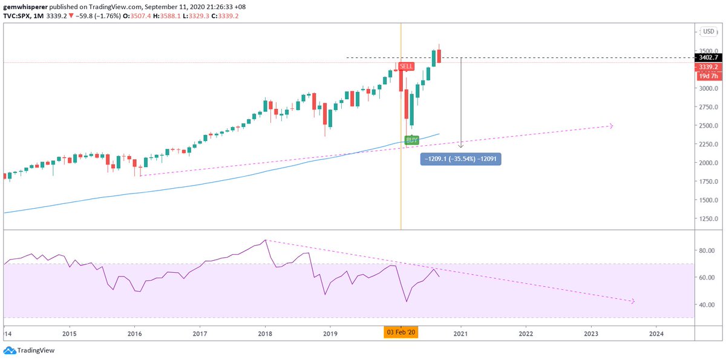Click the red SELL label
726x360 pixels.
click(407, 66)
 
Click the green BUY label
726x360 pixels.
click(412, 140)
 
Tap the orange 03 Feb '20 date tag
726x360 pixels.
click(401, 333)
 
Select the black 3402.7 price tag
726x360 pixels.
click(707, 57)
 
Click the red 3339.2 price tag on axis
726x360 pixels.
click(707, 67)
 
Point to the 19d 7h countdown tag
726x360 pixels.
click(707, 76)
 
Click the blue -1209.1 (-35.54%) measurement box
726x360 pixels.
click(460, 159)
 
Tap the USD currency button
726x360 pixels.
click(708, 31)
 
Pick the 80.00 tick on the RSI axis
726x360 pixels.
click(707, 250)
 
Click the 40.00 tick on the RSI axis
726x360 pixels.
click(707, 305)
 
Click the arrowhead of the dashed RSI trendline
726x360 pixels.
click(632, 301)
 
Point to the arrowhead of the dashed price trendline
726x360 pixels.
click(610, 126)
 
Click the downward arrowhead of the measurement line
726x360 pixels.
click(461, 146)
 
